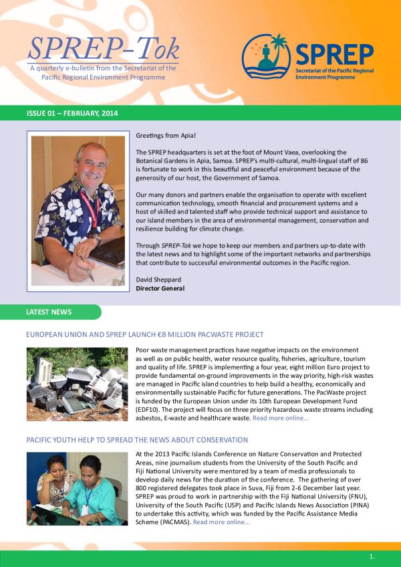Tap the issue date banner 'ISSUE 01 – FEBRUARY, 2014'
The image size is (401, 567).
pos(72,114)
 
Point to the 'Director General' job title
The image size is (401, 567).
pos(160,289)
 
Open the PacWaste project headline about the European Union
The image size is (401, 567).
pos(144,334)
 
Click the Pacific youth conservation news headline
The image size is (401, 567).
pos(137,440)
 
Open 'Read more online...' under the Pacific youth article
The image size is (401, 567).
pos(222,522)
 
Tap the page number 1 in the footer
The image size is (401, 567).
pos(372,556)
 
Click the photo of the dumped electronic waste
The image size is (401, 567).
pos(77,384)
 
